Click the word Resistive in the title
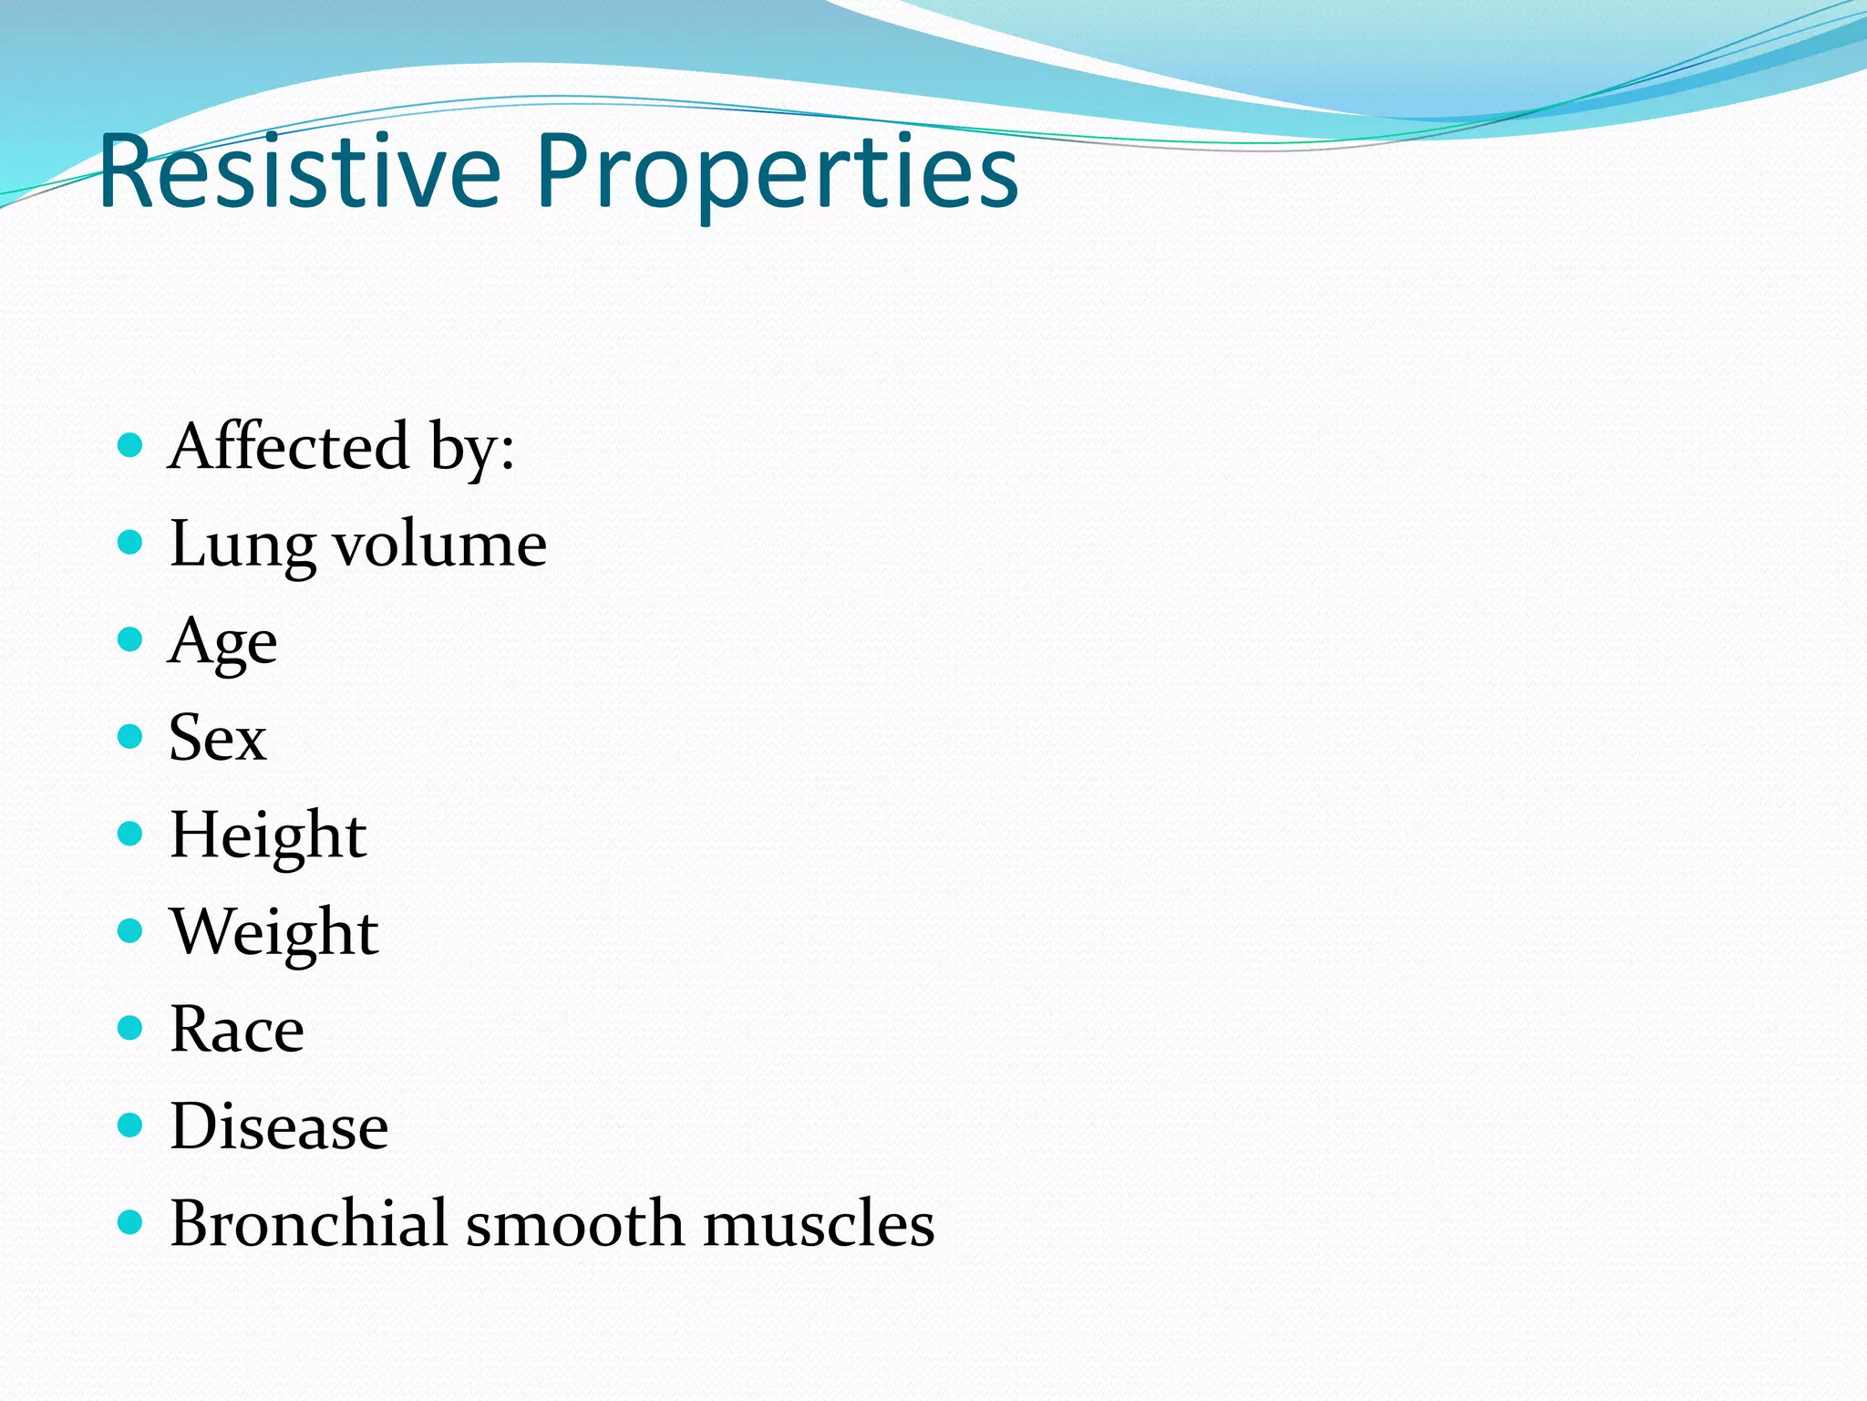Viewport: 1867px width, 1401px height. [301, 171]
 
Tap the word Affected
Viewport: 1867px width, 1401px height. [289, 446]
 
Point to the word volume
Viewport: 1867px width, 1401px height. [440, 545]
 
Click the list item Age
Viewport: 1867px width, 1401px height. [222, 642]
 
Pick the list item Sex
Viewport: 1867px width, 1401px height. [217, 738]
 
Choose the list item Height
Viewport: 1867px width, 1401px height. [268, 835]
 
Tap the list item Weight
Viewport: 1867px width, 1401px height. [273, 932]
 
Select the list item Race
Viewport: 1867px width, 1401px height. [236, 1029]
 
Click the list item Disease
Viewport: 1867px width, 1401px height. [279, 1126]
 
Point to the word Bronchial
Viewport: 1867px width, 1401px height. [308, 1223]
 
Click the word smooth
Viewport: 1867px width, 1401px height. [574, 1223]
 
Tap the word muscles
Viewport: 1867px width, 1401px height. [819, 1223]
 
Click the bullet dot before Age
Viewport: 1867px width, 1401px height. [131, 639]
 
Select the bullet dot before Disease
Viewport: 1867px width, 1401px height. [131, 1125]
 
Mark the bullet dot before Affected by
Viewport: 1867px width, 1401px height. [131, 445]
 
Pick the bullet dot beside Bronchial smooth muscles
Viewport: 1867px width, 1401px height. [131, 1221]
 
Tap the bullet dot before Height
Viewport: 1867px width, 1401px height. [131, 834]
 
